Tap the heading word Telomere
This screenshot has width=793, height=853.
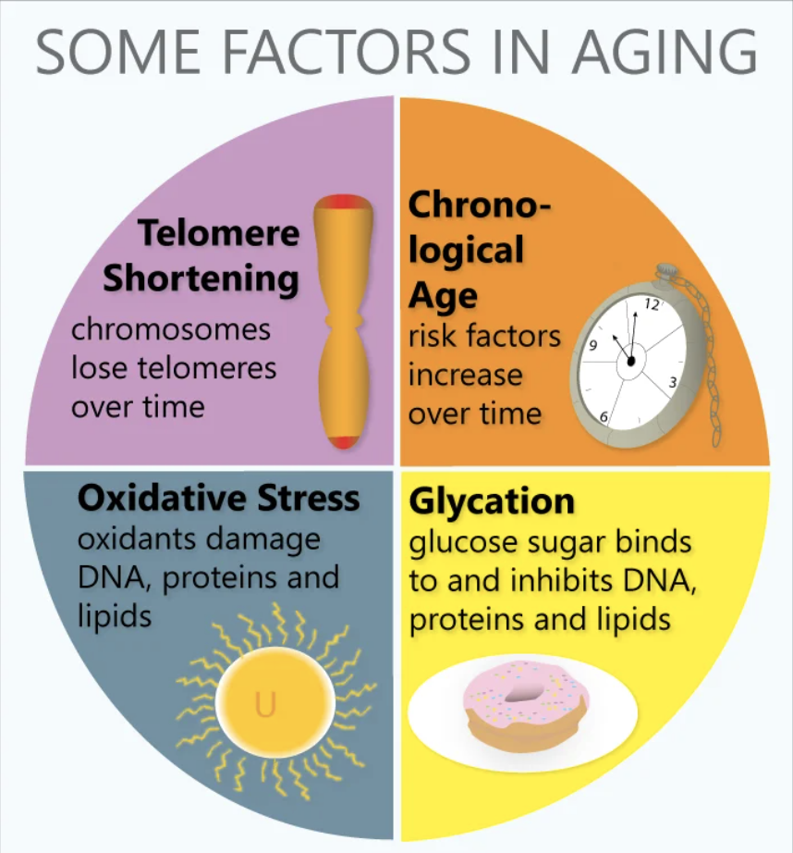tap(218, 232)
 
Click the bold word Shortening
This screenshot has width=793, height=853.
tap(201, 278)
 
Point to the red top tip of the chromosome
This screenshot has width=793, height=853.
tap(344, 203)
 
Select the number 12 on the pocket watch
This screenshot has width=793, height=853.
tap(652, 304)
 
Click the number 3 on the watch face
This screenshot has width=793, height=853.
tap(672, 382)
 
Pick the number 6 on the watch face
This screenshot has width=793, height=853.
tap(604, 417)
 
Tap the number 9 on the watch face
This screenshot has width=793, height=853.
tap(592, 345)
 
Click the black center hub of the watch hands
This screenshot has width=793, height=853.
tap(630, 361)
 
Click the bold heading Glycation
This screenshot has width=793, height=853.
tap(492, 501)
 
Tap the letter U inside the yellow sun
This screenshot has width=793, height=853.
tap(266, 704)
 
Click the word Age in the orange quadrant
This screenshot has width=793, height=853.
tap(443, 297)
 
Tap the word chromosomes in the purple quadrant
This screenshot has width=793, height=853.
tap(171, 329)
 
